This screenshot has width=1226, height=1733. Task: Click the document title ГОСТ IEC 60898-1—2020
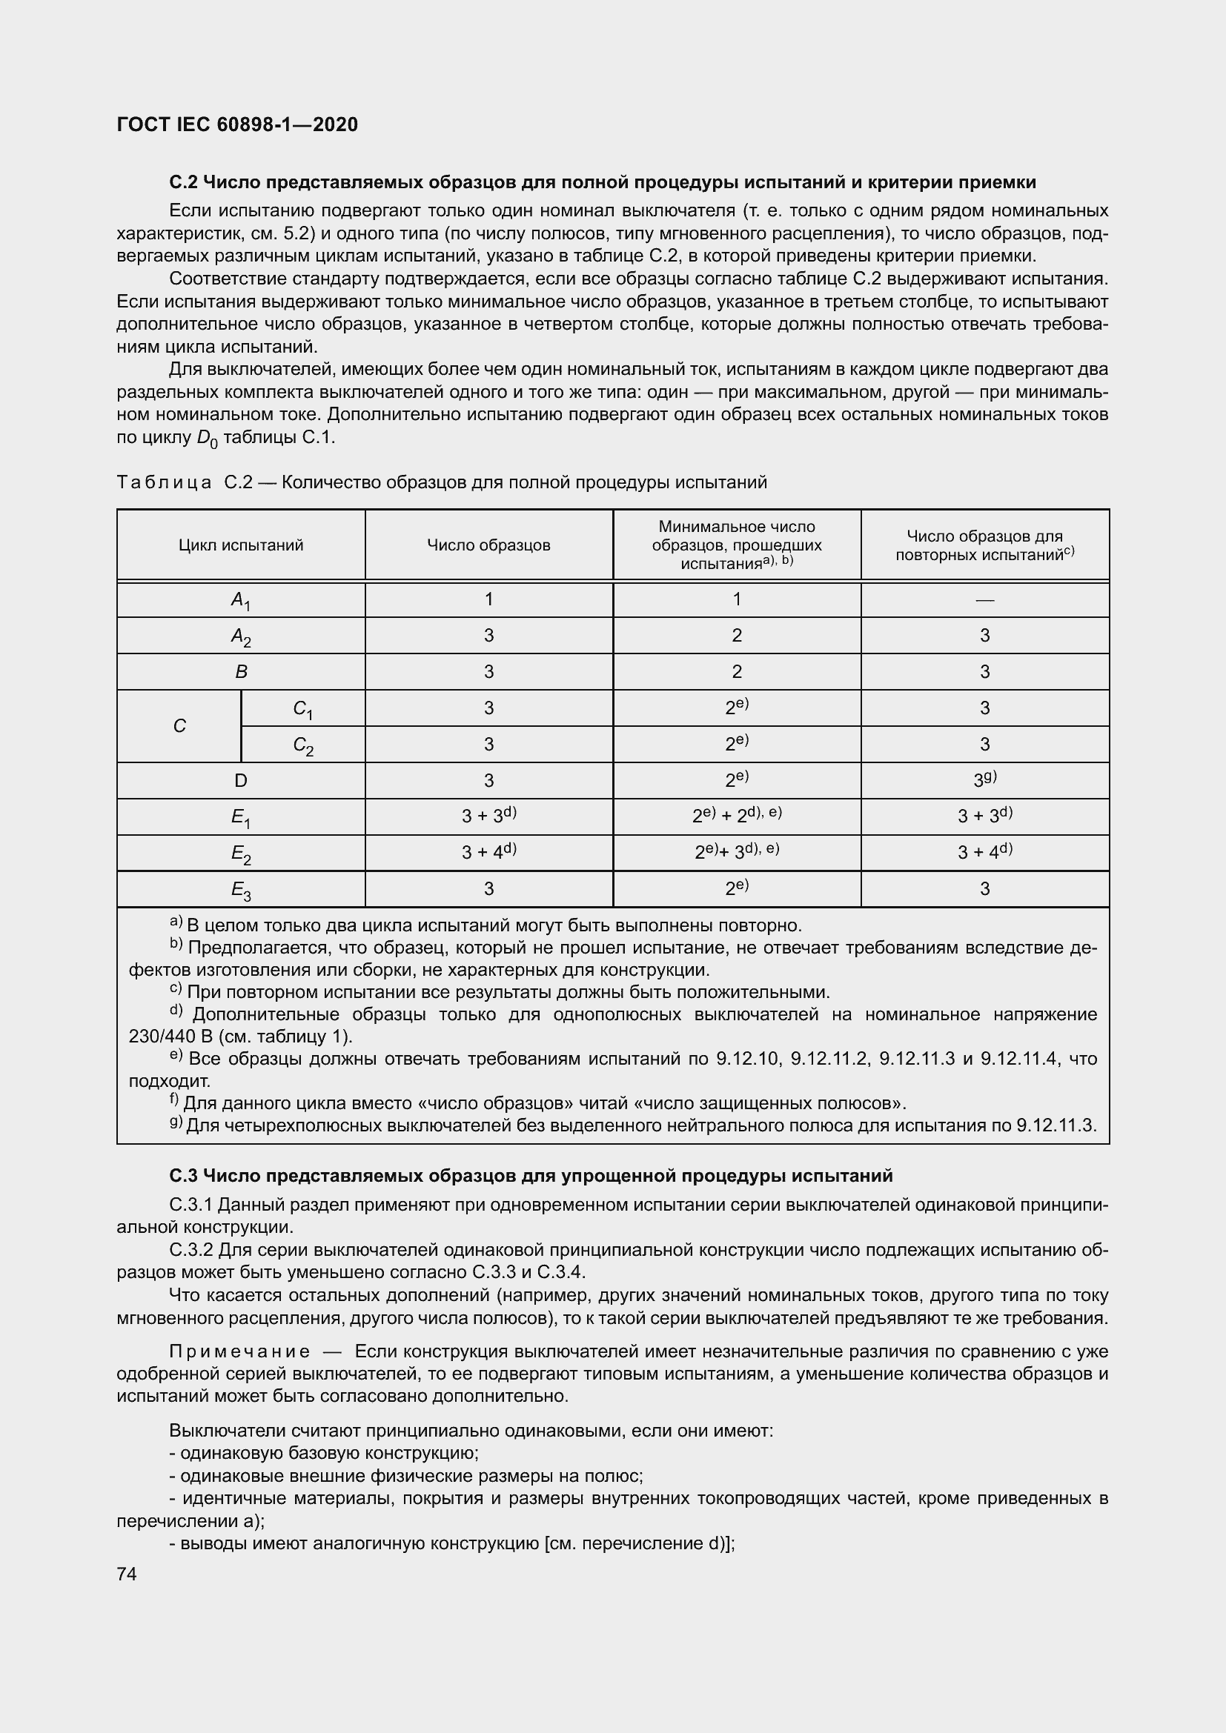[x=237, y=124]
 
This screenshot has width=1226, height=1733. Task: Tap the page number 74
[x=127, y=1574]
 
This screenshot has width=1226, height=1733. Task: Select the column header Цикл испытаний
[x=241, y=545]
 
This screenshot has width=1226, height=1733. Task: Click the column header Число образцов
[x=488, y=545]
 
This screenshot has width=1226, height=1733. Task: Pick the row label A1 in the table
[x=241, y=600]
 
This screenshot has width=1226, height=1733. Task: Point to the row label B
[x=241, y=672]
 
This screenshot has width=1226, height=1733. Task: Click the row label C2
[x=302, y=745]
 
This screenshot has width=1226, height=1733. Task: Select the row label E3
[x=241, y=891]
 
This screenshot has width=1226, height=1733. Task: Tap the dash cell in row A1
[x=984, y=600]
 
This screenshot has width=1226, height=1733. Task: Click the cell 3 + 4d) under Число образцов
[x=488, y=852]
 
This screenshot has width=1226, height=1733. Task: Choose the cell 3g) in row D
[x=984, y=779]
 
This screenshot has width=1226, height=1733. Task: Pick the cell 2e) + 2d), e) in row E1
[x=736, y=815]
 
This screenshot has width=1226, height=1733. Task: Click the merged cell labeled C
[x=179, y=726]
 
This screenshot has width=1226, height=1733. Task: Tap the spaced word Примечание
[x=239, y=1351]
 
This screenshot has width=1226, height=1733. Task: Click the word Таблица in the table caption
[x=164, y=482]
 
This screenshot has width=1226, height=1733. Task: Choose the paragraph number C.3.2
[x=192, y=1250]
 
